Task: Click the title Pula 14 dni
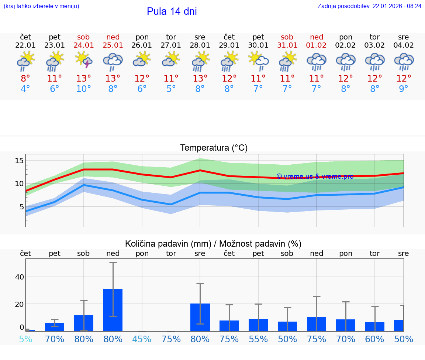click(172, 11)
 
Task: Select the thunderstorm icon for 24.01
click(84, 60)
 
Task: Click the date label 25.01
click(113, 45)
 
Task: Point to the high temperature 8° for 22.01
click(25, 79)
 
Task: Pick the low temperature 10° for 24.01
click(84, 89)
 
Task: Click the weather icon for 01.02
click(317, 61)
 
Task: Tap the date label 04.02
click(404, 45)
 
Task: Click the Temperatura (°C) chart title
click(214, 148)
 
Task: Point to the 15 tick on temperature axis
click(19, 161)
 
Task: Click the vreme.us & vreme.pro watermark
click(315, 176)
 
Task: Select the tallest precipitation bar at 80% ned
click(113, 310)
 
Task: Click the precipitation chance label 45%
click(142, 339)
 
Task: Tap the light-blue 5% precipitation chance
click(25, 339)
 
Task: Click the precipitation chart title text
click(213, 244)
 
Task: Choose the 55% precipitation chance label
click(258, 339)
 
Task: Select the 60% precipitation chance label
click(374, 339)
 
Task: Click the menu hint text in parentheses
click(41, 6)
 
